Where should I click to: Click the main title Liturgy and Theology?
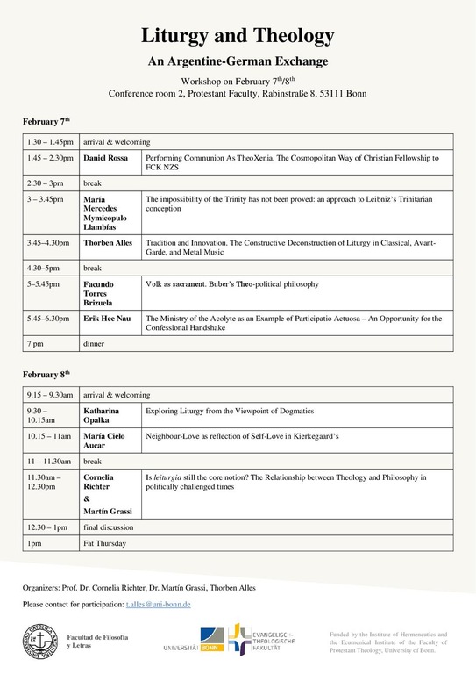click(238, 36)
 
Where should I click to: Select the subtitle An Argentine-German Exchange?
click(238, 62)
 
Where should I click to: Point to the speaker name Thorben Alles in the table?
click(108, 241)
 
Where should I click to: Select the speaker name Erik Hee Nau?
click(107, 319)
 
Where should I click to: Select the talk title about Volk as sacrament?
click(231, 284)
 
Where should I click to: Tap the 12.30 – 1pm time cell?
click(48, 527)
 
